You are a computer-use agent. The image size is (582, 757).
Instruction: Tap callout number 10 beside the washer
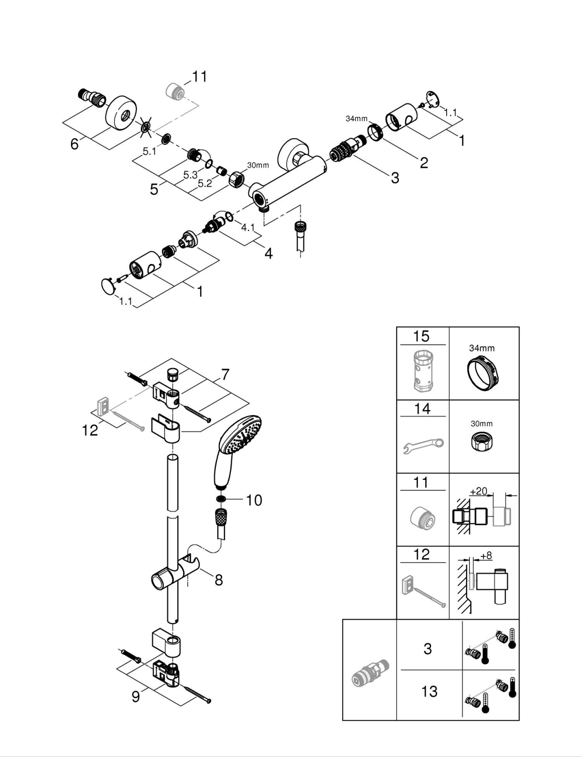(x=254, y=500)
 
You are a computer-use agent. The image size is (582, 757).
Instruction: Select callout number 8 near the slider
(x=219, y=580)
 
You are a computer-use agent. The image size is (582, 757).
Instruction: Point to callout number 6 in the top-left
(x=74, y=143)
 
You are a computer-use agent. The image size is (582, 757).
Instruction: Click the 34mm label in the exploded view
(x=356, y=118)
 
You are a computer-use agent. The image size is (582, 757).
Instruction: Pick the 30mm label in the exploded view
(x=258, y=165)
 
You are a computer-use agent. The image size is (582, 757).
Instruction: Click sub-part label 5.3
(x=191, y=175)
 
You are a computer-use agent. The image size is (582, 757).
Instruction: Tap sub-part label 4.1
(x=247, y=228)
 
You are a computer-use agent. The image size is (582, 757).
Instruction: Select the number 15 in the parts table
(x=421, y=336)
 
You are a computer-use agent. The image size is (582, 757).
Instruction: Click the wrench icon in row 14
(x=423, y=446)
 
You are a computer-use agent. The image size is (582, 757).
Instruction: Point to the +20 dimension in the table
(x=478, y=491)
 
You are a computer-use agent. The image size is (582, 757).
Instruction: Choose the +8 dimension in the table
(x=486, y=555)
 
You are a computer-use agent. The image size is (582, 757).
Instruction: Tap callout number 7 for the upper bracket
(x=225, y=375)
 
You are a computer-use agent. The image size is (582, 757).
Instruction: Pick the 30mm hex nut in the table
(x=481, y=441)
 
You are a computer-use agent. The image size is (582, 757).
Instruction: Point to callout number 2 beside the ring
(x=423, y=163)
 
